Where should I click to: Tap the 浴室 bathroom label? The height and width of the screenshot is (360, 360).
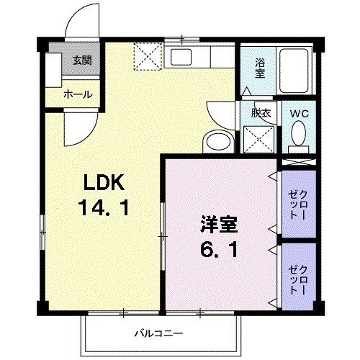pyautogui.click(x=260, y=67)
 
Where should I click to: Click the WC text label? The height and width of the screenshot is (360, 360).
pyautogui.click(x=299, y=114)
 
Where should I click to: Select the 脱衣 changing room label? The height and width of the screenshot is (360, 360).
pyautogui.click(x=261, y=114)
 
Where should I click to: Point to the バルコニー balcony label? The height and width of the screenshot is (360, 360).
pyautogui.click(x=158, y=333)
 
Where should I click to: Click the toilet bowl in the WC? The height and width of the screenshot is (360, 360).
pyautogui.click(x=298, y=134)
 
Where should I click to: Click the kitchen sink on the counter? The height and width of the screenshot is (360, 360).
pyautogui.click(x=181, y=57)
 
